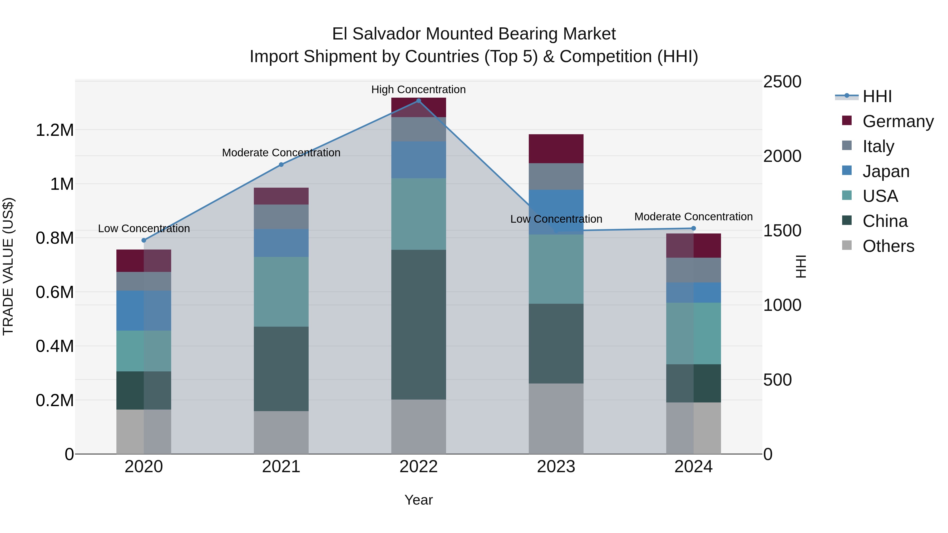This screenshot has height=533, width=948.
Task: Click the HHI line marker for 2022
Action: [x=418, y=101]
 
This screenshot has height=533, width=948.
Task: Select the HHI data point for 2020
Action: [x=144, y=240]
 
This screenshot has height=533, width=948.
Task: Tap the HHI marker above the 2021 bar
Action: [x=281, y=165]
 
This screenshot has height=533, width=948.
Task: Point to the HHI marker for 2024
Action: [x=693, y=228]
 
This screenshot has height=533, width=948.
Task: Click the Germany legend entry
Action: [x=898, y=121]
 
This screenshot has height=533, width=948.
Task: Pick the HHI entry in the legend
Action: [x=877, y=96]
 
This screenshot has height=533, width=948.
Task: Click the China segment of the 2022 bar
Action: [x=418, y=325]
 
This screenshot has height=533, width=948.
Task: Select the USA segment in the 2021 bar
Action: [x=281, y=291]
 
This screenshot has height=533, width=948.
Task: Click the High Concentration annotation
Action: [x=418, y=89]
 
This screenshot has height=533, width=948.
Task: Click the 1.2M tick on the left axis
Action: [x=55, y=130]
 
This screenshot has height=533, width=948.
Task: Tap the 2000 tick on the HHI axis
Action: [x=782, y=156]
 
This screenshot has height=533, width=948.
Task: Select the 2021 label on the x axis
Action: [x=281, y=467]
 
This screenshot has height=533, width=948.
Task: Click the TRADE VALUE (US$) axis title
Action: [x=8, y=266]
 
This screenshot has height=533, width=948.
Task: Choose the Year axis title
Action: [x=418, y=500]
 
